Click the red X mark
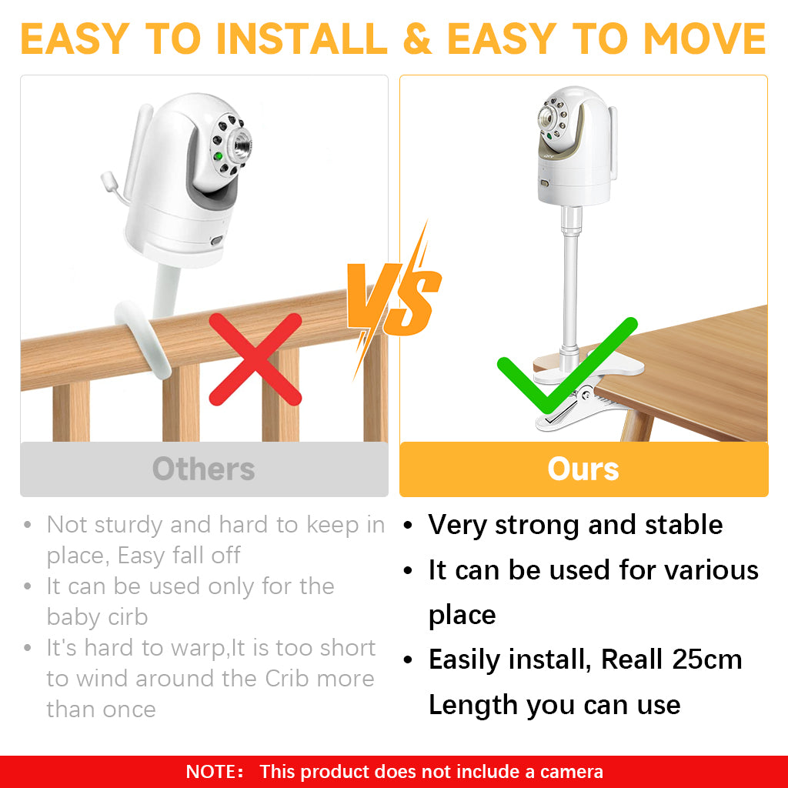(255, 359)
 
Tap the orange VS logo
(395, 300)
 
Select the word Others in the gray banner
(203, 469)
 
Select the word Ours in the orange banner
(583, 469)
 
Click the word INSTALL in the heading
(302, 38)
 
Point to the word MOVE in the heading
(705, 38)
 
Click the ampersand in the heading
(417, 38)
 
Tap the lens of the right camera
(546, 118)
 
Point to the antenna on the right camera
(613, 142)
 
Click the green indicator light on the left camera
(218, 156)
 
